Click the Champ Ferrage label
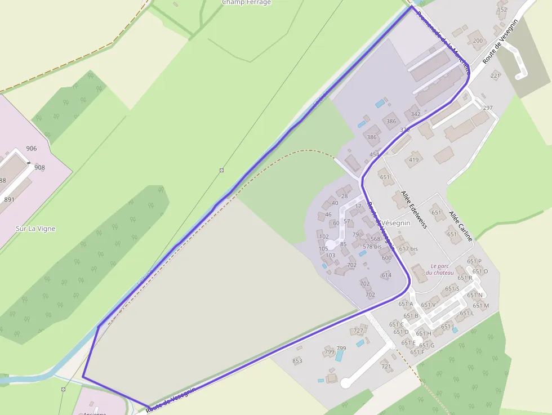246,2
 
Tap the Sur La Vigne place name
35,229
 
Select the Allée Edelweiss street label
414,209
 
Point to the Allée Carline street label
460,226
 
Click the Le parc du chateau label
442,270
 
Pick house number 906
31,149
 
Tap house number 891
9,199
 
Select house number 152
502,10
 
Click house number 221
495,75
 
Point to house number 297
488,108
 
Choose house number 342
416,114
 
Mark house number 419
414,160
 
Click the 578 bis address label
372,247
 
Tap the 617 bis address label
408,249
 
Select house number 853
297,361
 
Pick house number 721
386,367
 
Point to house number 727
358,331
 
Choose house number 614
386,275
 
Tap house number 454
375,154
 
